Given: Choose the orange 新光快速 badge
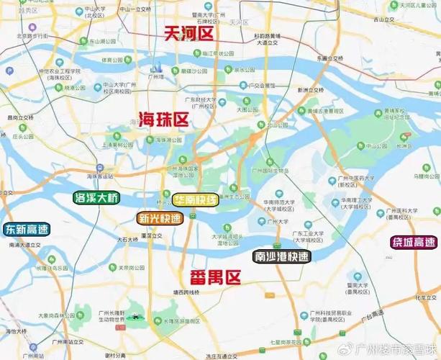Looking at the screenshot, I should point(160,217).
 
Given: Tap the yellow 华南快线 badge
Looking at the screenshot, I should point(195,200).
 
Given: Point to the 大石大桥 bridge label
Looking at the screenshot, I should point(127,238).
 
